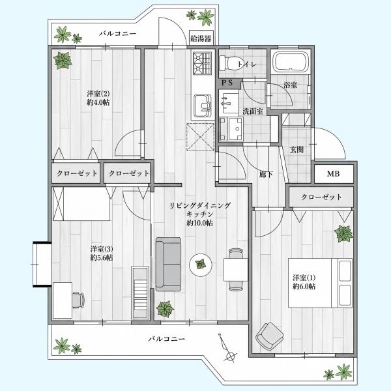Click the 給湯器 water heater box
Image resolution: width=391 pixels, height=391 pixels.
tap(201, 38)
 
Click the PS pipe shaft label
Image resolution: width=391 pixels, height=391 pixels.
tap(227, 83)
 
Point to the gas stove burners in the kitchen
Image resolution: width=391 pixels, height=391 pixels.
tap(202, 63)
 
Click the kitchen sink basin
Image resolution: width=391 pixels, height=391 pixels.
tap(203, 106)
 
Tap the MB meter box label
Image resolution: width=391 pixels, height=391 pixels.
tap(334, 173)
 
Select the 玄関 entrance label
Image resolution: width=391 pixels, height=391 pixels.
tap(297, 150)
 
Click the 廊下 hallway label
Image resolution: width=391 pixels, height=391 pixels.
tap(266, 174)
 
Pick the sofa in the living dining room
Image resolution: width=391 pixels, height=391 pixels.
tap(168, 265)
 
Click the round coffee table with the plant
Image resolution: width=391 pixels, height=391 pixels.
tap(201, 265)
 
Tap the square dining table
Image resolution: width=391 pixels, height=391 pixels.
tap(236, 270)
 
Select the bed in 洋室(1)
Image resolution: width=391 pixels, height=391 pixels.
tap(320, 283)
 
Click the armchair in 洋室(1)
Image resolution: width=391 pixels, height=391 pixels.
tap(270, 336)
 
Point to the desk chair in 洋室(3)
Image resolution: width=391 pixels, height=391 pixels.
tap(78, 300)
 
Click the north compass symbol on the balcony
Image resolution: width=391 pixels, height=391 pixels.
tap(227, 348)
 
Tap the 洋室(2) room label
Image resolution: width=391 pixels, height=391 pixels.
tap(98, 94)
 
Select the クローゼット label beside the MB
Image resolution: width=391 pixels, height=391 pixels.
tap(321, 197)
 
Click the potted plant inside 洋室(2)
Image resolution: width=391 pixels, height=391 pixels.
tap(63, 61)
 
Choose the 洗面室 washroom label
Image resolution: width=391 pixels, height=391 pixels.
tap(253, 111)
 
